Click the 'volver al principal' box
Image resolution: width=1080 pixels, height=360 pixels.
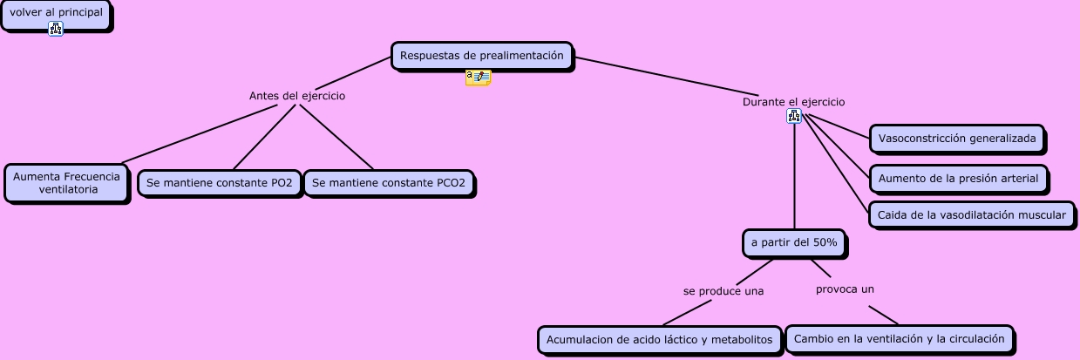click(x=56, y=13)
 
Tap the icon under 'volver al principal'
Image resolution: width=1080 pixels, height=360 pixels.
click(x=56, y=30)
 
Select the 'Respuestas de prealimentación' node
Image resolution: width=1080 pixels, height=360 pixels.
click(x=481, y=56)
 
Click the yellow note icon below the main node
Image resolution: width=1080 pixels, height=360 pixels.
click(x=478, y=78)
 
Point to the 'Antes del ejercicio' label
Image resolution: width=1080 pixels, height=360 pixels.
click(x=297, y=96)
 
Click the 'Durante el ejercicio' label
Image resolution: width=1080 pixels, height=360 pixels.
click(x=793, y=102)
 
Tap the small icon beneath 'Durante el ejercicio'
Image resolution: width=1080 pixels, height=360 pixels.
click(x=793, y=116)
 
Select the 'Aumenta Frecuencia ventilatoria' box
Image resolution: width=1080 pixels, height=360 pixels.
click(x=66, y=183)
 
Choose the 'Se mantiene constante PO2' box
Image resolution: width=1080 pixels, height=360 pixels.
click(x=220, y=183)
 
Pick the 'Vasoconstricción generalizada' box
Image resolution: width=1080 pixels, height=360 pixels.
click(x=957, y=139)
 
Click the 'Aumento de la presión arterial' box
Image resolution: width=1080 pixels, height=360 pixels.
click(x=958, y=179)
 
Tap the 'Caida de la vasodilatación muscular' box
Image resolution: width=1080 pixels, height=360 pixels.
click(x=971, y=215)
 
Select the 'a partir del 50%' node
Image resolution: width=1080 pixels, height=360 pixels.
click(x=794, y=243)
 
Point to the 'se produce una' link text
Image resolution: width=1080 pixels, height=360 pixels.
click(x=723, y=291)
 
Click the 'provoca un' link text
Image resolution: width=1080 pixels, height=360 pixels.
click(x=845, y=289)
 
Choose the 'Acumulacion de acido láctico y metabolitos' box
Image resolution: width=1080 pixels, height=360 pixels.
click(x=660, y=340)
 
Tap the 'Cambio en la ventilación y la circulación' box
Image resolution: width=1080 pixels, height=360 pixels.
click(x=900, y=338)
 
